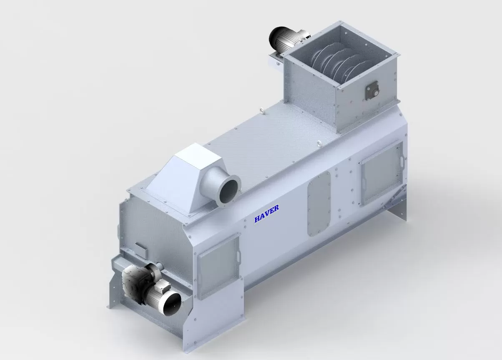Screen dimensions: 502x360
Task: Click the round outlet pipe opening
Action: tap(229, 191)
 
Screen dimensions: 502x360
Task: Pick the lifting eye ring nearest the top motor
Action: tap(261, 110)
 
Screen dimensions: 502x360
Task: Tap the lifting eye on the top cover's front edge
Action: tap(318, 143)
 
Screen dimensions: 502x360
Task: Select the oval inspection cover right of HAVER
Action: tap(319, 204)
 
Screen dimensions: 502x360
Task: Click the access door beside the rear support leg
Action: tap(382, 172)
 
